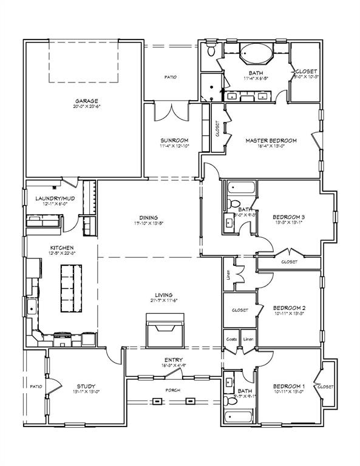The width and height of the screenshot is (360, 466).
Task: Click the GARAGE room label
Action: [x=87, y=101]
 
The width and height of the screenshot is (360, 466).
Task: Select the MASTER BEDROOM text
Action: [x=271, y=140]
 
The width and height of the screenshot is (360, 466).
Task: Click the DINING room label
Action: [x=148, y=217]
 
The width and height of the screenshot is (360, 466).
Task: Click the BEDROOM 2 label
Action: [x=288, y=308]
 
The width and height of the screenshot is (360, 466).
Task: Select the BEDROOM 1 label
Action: [x=288, y=386]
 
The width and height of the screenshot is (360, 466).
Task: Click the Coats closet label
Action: [x=231, y=339]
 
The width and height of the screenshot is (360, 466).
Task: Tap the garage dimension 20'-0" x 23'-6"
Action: [x=87, y=107]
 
